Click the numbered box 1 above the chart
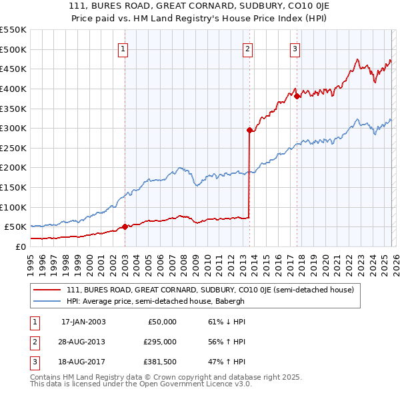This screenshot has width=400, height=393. click(x=124, y=48)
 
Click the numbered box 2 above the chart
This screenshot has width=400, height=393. click(x=247, y=48)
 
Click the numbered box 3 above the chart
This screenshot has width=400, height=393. click(x=295, y=48)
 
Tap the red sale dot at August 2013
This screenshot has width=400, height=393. click(x=249, y=131)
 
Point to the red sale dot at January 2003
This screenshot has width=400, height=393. click(x=125, y=227)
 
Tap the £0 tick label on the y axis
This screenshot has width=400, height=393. click(x=22, y=246)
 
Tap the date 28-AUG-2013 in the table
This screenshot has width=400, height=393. click(x=83, y=342)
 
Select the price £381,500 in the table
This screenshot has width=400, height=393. click(x=161, y=363)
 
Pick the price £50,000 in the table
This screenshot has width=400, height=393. click(x=163, y=322)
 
